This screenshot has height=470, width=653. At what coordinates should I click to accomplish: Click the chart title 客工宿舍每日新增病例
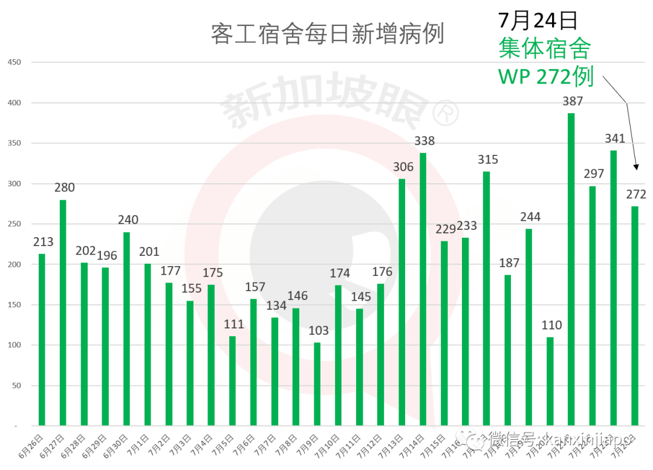[327, 34]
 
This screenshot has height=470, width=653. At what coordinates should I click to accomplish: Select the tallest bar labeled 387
[571, 269]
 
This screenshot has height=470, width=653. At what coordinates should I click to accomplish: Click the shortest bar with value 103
[317, 384]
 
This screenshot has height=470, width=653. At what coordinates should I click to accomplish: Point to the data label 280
[64, 188]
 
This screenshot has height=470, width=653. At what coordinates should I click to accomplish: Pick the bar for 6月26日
[42, 339]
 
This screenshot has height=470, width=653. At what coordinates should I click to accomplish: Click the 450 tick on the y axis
[13, 62]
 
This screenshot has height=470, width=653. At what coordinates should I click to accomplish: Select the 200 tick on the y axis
[13, 264]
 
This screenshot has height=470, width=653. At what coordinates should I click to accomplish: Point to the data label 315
[487, 160]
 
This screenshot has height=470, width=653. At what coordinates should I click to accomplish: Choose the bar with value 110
[550, 381]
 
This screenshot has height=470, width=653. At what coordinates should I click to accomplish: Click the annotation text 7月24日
[538, 21]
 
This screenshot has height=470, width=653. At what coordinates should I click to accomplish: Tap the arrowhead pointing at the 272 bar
[635, 167]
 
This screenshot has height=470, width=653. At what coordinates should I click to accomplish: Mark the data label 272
[636, 194]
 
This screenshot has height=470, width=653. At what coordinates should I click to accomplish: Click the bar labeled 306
[402, 302]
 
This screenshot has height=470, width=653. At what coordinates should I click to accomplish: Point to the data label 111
[233, 324]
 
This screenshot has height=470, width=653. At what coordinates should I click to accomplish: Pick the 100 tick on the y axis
[13, 345]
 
